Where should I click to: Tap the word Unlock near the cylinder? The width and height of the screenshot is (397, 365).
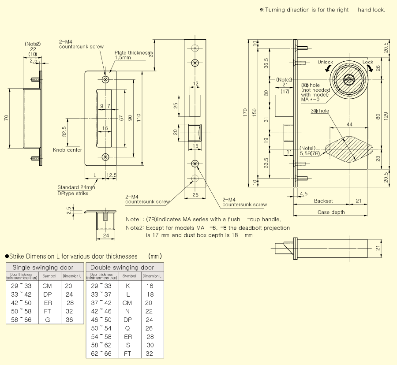(x=325, y=62)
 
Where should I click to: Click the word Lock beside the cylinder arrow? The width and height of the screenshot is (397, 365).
(x=367, y=62)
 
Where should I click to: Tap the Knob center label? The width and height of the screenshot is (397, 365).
(x=67, y=150)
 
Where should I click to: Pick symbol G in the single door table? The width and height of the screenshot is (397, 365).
(x=47, y=320)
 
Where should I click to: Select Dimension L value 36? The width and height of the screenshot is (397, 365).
(x=69, y=320)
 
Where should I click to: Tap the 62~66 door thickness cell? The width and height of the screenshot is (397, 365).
(x=101, y=353)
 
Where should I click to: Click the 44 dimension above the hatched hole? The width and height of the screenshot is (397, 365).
(x=349, y=125)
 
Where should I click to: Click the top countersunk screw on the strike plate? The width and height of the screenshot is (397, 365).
(x=105, y=79)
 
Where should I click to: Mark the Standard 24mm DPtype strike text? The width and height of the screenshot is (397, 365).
(x=76, y=190)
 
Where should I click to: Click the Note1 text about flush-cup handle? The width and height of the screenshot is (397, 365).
(x=203, y=219)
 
